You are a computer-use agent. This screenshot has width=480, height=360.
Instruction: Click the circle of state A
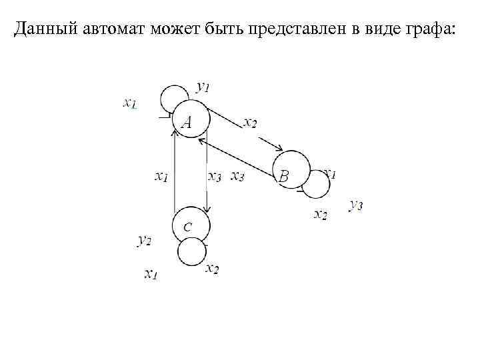pos(192,120)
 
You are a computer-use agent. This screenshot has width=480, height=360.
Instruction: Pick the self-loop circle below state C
pos(192,252)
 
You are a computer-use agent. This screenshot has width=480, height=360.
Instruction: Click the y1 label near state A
pos(203,87)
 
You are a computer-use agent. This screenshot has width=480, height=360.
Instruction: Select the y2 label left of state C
pos(145,240)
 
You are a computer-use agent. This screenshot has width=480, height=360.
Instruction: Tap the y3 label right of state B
pos(355,205)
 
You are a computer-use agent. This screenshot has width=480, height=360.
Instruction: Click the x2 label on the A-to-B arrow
pos(250,122)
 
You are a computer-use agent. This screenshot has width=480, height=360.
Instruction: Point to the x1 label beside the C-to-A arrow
pos(161,177)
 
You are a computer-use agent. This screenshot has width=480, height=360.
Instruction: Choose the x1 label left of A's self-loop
pos(130,103)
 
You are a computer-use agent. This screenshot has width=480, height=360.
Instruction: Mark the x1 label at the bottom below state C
pos(151,273)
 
